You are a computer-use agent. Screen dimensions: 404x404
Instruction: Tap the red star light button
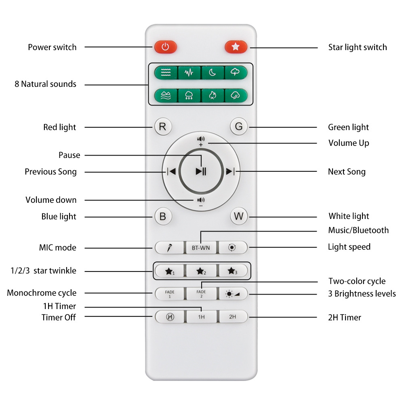tap(236, 47)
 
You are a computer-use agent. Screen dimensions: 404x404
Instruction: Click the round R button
tap(162, 127)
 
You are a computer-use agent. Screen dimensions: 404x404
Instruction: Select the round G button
tap(239, 127)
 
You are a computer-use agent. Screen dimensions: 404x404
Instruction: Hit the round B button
tap(162, 216)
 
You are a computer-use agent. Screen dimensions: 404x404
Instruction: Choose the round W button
tap(239, 216)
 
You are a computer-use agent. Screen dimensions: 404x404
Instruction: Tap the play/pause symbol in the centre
tap(201, 171)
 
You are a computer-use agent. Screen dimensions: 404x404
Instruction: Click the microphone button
tap(170, 248)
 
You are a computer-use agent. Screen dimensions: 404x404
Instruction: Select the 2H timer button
tap(232, 317)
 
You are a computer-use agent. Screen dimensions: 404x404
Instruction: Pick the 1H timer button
tap(201, 317)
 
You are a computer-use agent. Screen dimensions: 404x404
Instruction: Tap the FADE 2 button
tap(201, 293)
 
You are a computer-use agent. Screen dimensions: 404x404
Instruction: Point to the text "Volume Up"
tap(348, 143)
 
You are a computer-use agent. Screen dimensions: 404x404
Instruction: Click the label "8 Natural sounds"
tap(45, 84)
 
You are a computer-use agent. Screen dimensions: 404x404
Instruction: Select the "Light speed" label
tap(349, 246)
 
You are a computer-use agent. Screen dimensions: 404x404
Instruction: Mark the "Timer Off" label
tap(58, 317)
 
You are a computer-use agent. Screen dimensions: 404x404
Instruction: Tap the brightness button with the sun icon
tap(232, 293)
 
